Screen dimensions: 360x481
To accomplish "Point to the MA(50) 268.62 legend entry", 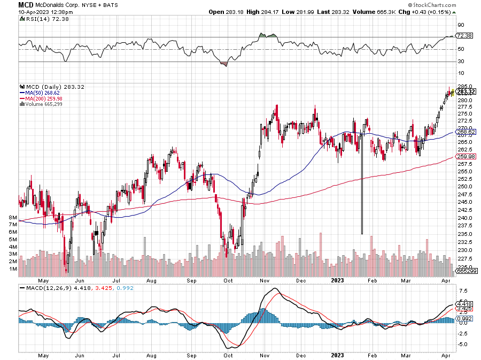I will [x=44, y=93].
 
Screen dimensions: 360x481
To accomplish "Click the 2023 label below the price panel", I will [x=337, y=280].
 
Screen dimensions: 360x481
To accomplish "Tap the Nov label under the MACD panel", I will [x=263, y=355].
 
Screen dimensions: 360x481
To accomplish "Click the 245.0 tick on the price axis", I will [x=463, y=202].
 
